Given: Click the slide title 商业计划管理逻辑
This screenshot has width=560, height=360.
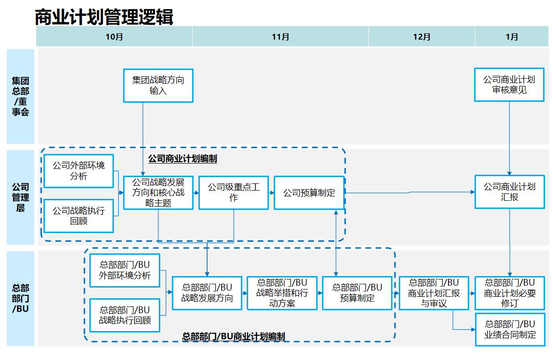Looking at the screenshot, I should point(104,17).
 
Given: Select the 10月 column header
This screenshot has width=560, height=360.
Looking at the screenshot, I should point(114,37).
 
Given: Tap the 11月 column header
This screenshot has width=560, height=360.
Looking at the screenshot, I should point(280,37).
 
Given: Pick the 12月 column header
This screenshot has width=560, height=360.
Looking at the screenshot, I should point(421,37).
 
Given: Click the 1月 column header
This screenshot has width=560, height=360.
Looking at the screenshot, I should point(512,37).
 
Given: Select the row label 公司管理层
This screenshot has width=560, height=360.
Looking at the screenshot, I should point(21,197).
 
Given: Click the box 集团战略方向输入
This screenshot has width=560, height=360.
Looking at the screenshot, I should point(158,85).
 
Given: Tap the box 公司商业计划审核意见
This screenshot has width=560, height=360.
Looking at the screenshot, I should point(509,85).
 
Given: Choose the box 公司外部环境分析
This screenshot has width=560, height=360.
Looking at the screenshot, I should point(78,171).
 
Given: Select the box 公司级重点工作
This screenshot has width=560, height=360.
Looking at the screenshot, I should point(234,193).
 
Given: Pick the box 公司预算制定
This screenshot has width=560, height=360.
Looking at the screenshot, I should point(309,193).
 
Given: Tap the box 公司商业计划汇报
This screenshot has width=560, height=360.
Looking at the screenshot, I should point(509,192).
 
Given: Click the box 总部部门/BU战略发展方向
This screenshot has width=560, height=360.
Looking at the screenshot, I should point(207,293).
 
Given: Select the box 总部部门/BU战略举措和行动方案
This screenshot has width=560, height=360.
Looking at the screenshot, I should point(282,293).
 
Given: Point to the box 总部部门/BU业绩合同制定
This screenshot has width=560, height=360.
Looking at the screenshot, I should point(510,330).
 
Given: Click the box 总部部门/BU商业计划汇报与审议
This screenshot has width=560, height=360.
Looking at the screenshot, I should point(434,293).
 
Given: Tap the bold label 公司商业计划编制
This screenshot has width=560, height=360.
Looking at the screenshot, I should point(182,159).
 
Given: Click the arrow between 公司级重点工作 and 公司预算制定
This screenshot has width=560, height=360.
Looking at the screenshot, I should point(271,193).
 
